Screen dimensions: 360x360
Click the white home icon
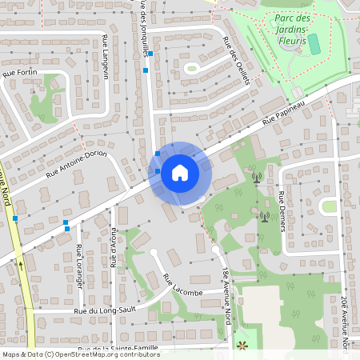coord(180,173)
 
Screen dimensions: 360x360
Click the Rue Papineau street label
coord(284,112)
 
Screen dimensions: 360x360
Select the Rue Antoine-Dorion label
coord(76,163)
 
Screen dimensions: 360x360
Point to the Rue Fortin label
coord(20,73)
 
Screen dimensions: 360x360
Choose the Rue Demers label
coord(282,211)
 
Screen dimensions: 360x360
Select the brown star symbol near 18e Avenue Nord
coord(242,346)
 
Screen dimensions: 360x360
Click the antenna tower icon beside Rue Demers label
coord(264,216)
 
